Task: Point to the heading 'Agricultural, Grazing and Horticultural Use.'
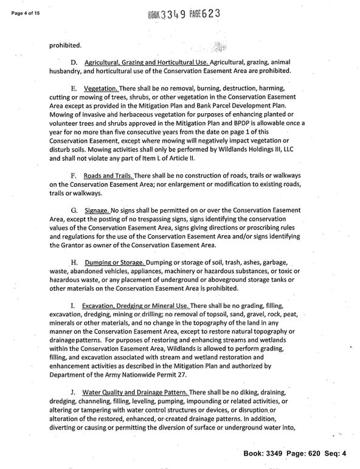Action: point(147,62)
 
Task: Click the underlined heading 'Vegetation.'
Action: point(101,89)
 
